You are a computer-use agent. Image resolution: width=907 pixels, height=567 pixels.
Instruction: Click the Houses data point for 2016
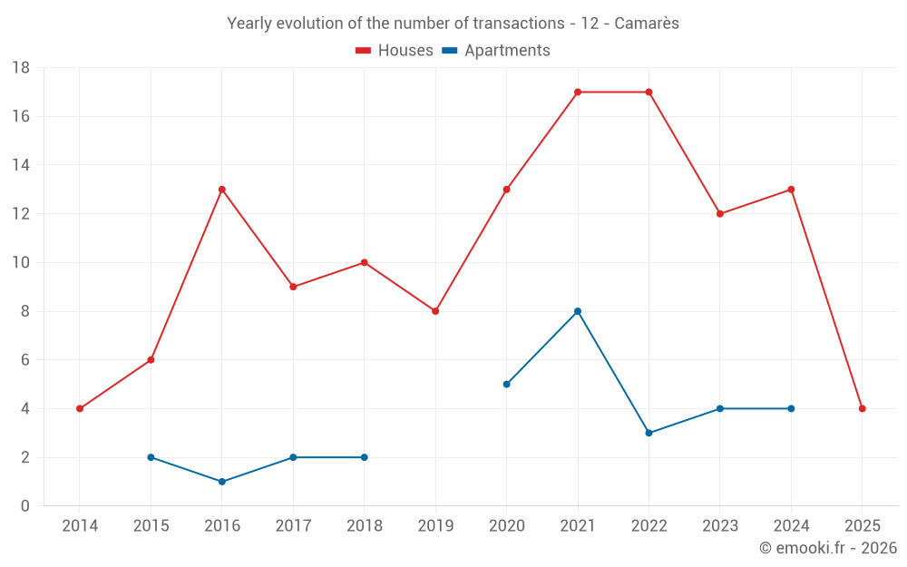point(221,190)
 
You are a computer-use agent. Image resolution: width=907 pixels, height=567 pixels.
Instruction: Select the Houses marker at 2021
point(578,92)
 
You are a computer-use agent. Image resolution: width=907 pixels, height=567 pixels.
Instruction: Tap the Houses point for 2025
point(862,408)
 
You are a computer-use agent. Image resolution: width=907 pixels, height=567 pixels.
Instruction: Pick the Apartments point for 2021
point(578,311)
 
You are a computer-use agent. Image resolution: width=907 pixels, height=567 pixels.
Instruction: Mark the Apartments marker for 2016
point(221,482)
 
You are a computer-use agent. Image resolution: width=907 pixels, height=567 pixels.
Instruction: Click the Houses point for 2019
point(435,311)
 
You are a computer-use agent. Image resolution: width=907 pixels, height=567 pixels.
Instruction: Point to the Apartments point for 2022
point(649,433)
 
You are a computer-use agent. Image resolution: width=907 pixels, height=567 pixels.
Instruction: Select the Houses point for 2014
point(80,408)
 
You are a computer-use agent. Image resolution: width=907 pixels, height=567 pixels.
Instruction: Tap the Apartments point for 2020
point(506,384)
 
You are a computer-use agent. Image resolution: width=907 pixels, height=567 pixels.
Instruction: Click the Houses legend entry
point(395,51)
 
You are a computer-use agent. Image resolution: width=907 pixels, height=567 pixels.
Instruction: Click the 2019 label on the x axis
point(435,525)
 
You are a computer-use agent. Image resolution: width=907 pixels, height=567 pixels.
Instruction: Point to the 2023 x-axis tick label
point(720,525)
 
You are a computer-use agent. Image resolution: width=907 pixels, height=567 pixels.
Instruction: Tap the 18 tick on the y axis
point(21,68)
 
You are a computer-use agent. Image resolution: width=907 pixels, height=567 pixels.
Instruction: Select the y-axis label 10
point(21,263)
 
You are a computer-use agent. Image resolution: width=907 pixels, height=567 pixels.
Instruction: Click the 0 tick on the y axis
point(25,506)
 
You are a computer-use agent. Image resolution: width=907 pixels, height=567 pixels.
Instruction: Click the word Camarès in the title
point(647,24)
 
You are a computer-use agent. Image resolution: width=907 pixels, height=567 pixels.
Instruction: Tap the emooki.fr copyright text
point(827,548)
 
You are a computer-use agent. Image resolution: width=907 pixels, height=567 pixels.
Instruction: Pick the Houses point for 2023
point(720,214)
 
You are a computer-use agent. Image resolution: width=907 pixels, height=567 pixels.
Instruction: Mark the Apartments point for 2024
point(791,408)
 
